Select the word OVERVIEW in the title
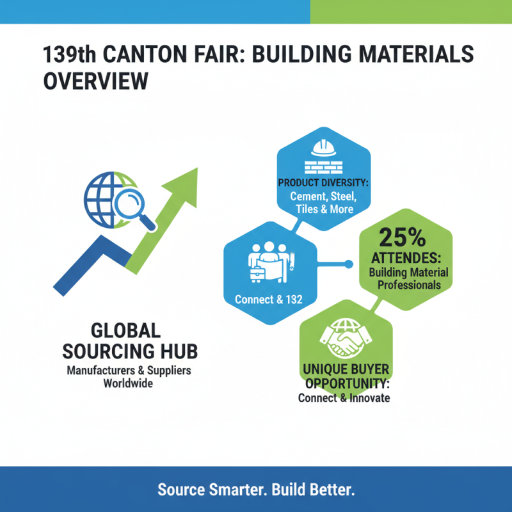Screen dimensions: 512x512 [95, 81]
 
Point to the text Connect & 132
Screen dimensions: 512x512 [268, 299]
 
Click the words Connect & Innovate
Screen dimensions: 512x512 [344, 397]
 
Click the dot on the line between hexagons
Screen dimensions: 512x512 [349, 264]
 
